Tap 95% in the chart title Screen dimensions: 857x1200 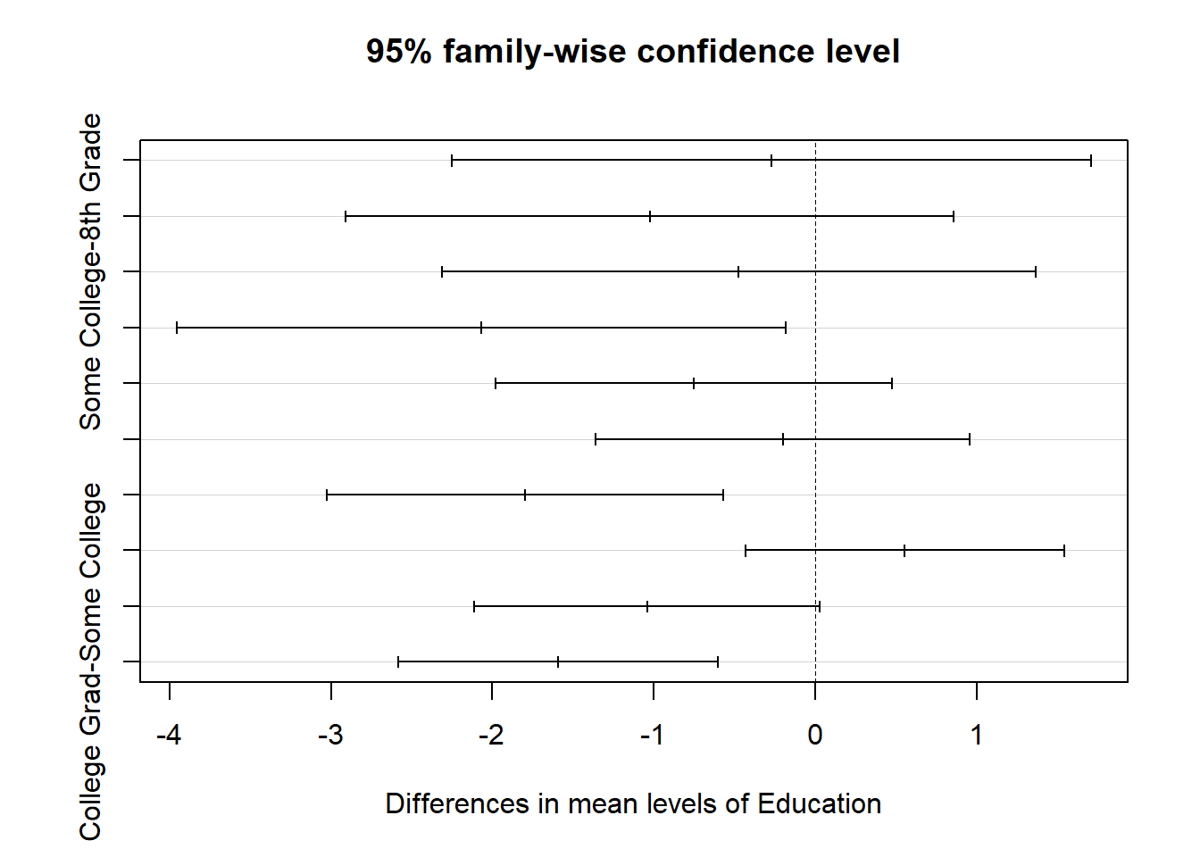398,51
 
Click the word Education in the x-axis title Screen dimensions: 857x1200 819,803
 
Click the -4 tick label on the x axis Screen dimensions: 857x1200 169,735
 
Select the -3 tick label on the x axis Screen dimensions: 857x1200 330,735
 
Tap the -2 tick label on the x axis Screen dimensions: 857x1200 492,735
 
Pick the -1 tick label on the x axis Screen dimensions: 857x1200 653,735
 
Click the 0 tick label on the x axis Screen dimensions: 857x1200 815,735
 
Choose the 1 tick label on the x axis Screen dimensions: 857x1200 977,735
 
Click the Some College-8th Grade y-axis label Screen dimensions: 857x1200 91,271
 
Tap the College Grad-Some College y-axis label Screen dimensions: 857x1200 91,661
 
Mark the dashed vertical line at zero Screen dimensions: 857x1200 815,411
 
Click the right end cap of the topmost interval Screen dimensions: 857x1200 1091,161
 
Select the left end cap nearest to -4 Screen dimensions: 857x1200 177,328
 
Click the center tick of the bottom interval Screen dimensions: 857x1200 558,661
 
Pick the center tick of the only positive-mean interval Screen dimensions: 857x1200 904,550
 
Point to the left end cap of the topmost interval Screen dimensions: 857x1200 452,161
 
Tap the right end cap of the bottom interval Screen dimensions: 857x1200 718,661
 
